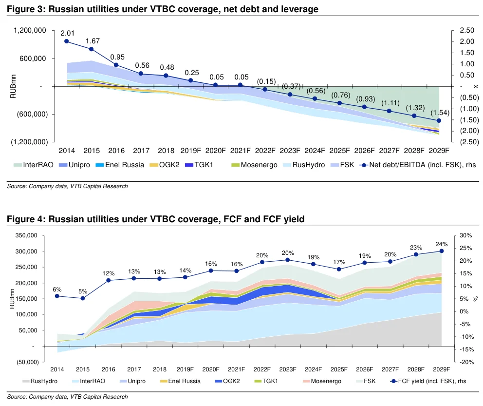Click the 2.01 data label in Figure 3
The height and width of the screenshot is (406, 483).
pos(67,33)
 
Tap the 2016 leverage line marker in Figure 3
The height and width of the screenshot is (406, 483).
pos(116,65)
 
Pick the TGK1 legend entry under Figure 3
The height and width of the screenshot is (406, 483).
pos(201,165)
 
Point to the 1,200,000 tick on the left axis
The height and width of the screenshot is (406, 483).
pos(30,30)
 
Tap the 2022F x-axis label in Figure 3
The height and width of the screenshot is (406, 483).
pos(265,150)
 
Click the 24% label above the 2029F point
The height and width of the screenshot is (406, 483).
pos(441,244)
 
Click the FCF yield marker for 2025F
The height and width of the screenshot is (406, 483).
pos(339,269)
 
